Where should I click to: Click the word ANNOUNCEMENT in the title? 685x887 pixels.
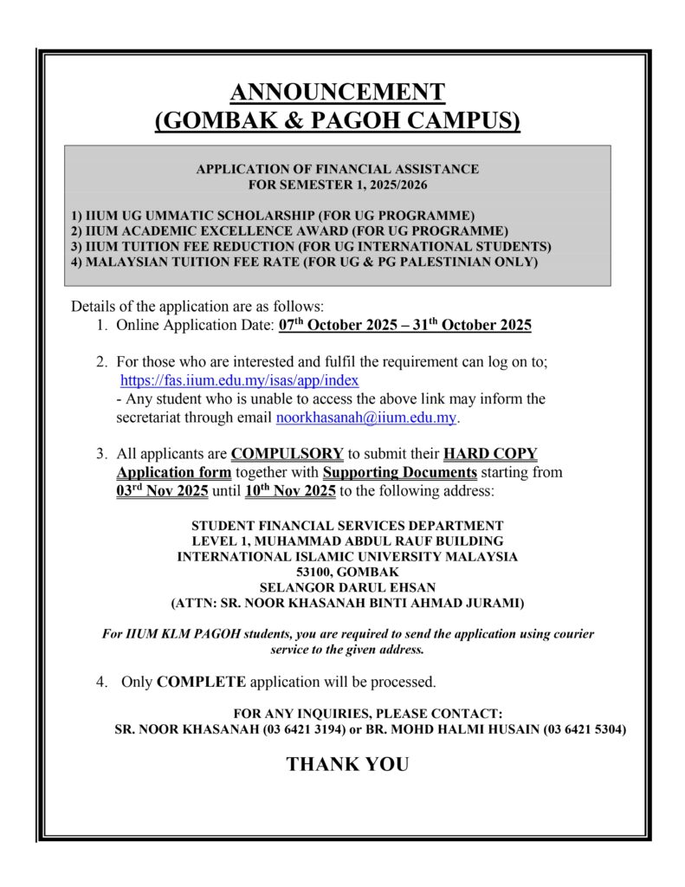[338, 91]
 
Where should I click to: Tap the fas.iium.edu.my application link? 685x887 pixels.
[239, 379]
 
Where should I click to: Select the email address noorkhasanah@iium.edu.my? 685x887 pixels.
[365, 418]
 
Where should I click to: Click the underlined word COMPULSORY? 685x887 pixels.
[288, 454]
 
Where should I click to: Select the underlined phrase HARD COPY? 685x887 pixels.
[490, 454]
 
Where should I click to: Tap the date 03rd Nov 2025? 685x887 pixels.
[162, 491]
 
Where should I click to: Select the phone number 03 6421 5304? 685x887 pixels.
[585, 729]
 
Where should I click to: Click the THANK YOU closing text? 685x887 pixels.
[347, 764]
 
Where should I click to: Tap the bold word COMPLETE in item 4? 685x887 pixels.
[202, 682]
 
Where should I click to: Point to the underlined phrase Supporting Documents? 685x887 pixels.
[399, 473]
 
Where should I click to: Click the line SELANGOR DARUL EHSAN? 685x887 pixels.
[347, 586]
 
